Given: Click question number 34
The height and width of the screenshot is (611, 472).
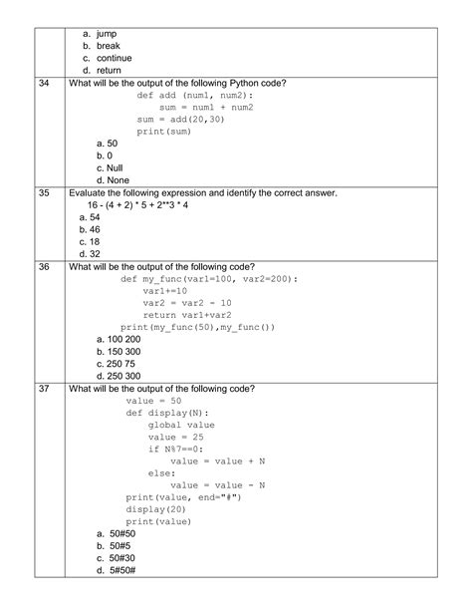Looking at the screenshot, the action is tap(43, 83).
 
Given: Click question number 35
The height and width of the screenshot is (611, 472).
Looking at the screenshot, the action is tap(43, 192).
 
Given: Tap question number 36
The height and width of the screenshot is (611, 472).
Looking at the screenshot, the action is tap(43, 267).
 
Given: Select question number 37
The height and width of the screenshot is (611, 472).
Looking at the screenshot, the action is tap(43, 388).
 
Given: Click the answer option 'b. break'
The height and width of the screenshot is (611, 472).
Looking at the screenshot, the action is tap(102, 46).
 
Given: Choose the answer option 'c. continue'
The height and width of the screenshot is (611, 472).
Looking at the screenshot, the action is tap(108, 58).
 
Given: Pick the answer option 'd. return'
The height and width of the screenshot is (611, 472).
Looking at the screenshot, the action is tap(103, 70).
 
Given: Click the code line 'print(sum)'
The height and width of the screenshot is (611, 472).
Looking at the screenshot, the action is tap(164, 131).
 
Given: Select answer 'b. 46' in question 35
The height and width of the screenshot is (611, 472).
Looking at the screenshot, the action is tap(89, 229).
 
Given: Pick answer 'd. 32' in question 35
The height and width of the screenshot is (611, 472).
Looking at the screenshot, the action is tap(89, 253).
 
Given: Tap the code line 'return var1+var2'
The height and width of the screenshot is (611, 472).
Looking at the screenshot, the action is tap(189, 315).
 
